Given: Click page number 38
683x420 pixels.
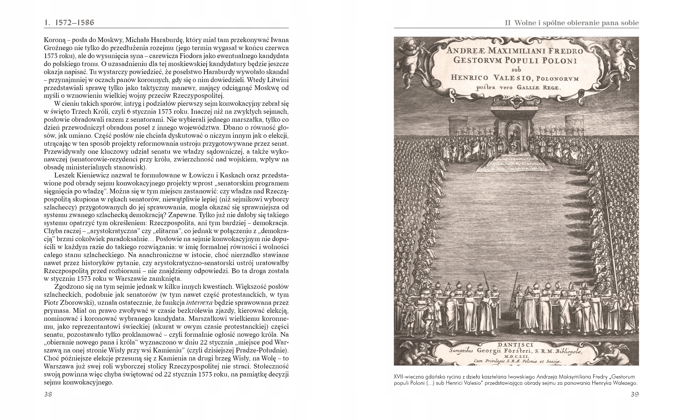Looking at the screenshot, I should [x=48, y=395].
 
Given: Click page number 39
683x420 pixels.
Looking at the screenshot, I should [x=634, y=395].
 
